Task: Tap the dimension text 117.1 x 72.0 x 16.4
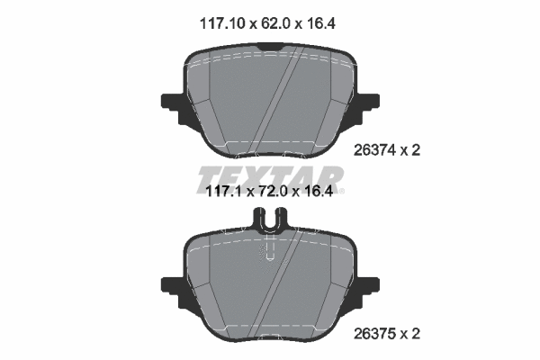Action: [x=269, y=192]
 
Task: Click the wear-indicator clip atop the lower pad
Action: [x=269, y=219]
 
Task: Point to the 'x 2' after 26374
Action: [x=409, y=151]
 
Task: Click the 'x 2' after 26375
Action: [x=409, y=333]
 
